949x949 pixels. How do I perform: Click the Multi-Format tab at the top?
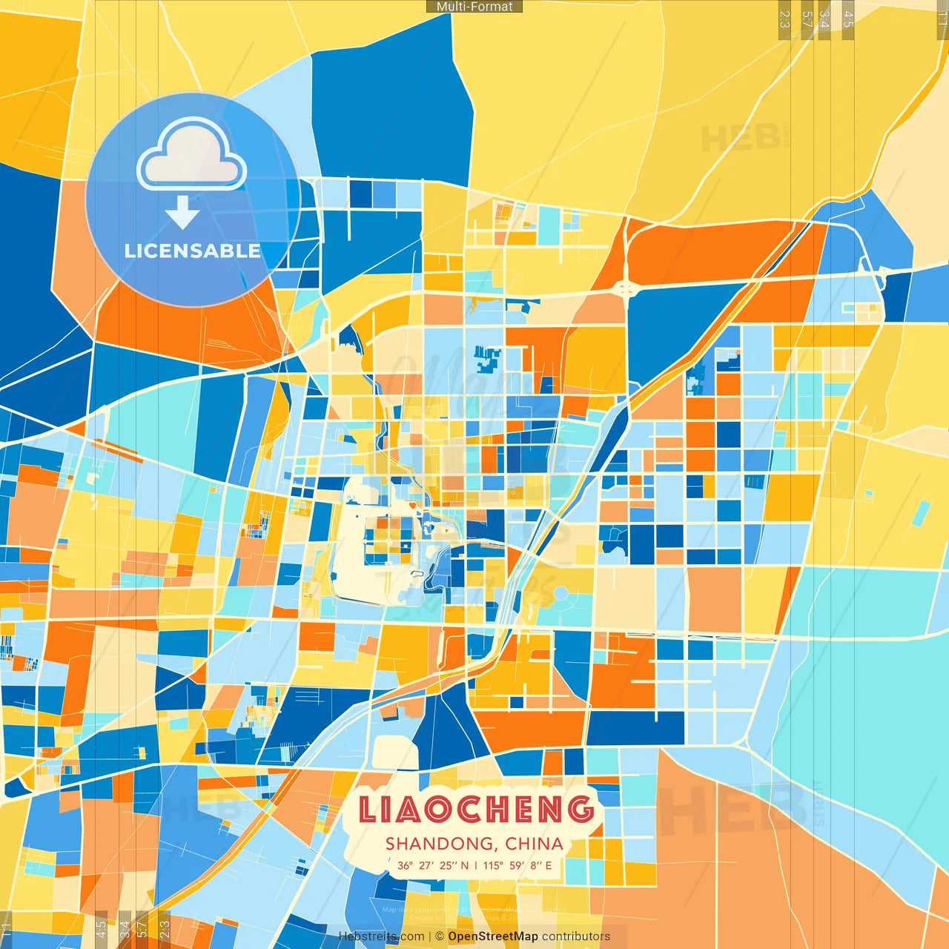[x=474, y=7]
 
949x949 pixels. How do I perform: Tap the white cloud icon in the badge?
[x=192, y=156]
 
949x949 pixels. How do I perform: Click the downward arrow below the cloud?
[x=182, y=212]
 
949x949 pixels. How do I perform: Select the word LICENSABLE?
[x=192, y=251]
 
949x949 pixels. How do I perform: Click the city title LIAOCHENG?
[x=476, y=810]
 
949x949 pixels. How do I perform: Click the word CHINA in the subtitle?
[x=534, y=844]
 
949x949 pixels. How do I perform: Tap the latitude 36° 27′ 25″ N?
[x=433, y=865]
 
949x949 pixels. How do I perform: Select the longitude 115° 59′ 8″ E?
[x=518, y=865]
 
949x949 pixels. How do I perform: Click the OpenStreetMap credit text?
[x=492, y=936]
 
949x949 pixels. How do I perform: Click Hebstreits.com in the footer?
[x=381, y=936]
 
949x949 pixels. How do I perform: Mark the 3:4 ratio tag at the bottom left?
[x=124, y=929]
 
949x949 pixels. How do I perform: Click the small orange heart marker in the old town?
[x=412, y=506]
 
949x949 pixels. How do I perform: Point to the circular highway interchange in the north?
[x=625, y=288]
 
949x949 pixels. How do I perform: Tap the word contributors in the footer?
[x=575, y=936]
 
